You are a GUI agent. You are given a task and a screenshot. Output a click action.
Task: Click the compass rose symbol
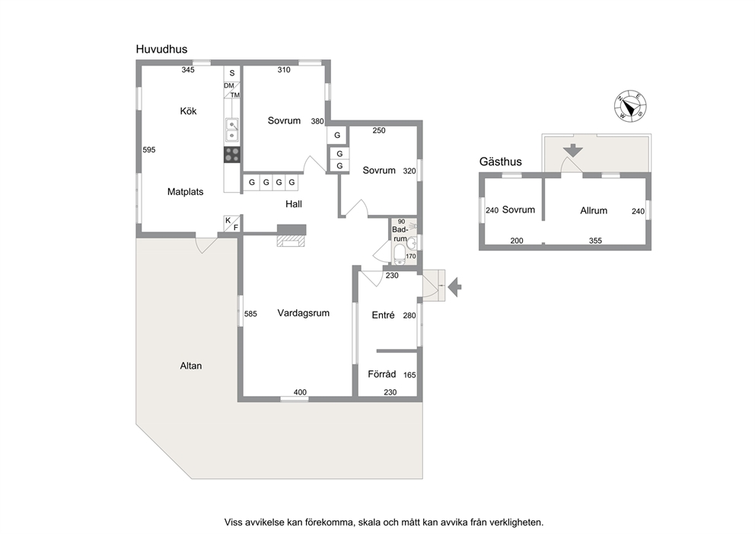[630, 106]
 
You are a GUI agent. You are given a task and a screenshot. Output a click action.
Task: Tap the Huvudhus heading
[161, 50]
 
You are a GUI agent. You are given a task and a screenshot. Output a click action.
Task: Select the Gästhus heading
[500, 162]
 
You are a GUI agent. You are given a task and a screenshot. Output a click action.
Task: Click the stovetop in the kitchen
[232, 155]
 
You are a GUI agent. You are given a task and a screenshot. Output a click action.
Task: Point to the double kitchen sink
[232, 130]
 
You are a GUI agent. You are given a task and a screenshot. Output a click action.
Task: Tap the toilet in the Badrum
[400, 254]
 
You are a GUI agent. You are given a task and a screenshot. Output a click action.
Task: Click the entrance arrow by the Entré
[454, 287]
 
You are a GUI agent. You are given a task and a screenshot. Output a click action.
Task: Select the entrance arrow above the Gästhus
[573, 150]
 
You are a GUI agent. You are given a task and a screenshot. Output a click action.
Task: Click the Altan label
[191, 366]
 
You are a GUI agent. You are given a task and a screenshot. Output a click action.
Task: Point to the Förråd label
[381, 374]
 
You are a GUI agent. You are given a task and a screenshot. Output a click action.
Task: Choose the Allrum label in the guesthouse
[594, 210]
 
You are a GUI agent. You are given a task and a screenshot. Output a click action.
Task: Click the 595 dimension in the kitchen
[149, 150]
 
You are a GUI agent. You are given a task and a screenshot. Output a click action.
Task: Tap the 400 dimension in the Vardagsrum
[300, 392]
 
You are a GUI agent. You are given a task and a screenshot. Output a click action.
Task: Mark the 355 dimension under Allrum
[596, 241]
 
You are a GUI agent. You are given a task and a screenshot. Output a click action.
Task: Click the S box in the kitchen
[232, 73]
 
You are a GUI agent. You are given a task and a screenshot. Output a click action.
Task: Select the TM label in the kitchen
[235, 95]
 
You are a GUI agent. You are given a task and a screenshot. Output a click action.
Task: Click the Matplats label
[186, 192]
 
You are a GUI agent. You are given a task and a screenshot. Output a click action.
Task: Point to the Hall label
[294, 204]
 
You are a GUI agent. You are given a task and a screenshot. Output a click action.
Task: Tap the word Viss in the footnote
[233, 522]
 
